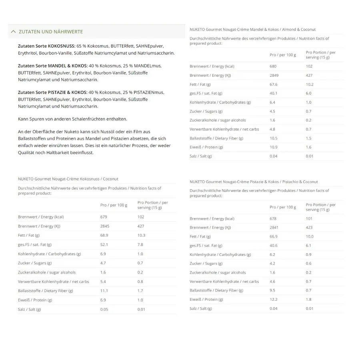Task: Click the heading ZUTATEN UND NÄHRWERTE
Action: [x=51, y=32]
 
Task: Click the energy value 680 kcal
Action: [x=273, y=66]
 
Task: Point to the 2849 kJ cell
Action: [x=274, y=75]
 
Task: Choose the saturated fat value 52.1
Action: [x=104, y=244]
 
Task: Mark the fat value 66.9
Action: [x=274, y=236]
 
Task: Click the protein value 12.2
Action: [x=274, y=299]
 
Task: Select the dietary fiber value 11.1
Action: [x=104, y=291]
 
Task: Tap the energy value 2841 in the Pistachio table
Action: [x=274, y=227]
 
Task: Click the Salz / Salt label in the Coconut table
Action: [x=30, y=309]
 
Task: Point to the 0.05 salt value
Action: [x=104, y=309]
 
